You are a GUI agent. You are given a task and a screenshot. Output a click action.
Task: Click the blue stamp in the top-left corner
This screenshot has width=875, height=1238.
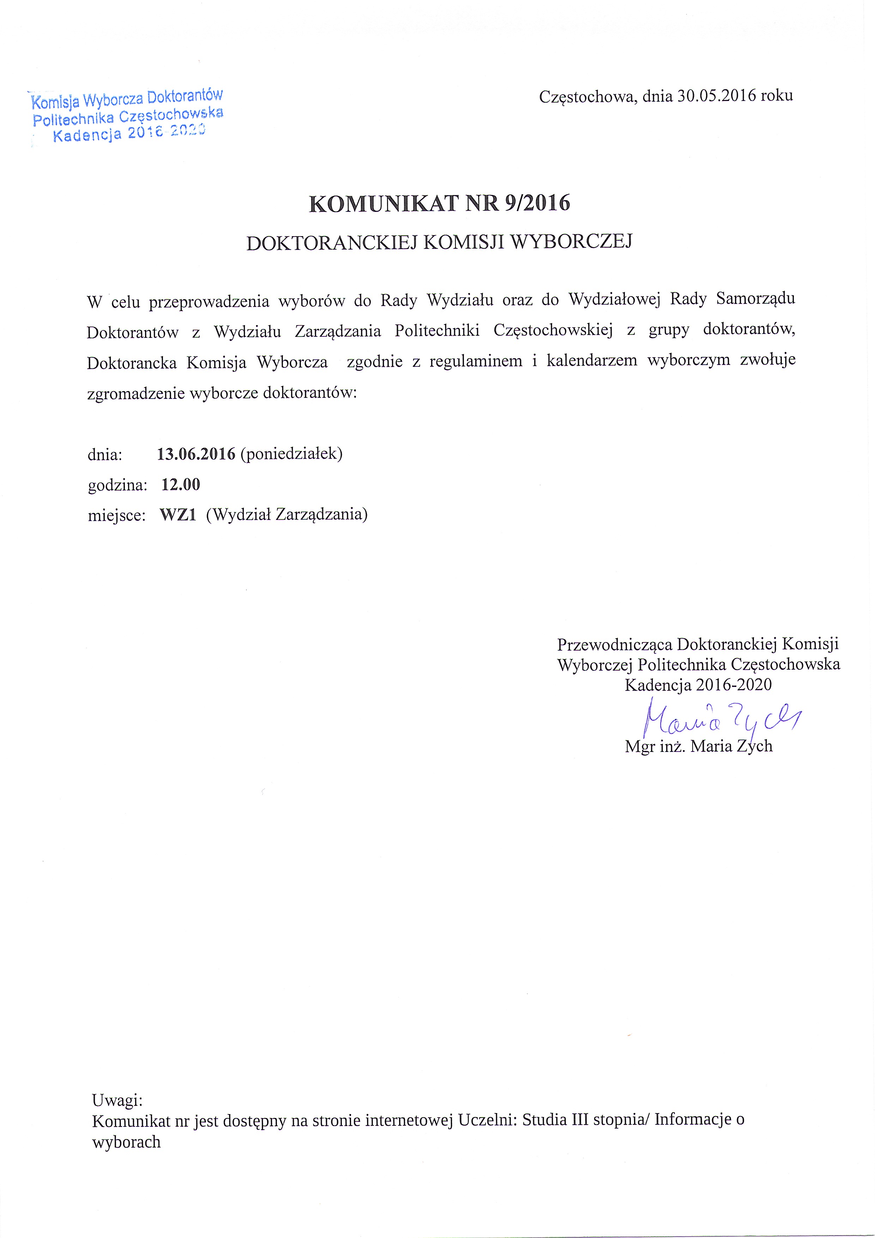(x=127, y=116)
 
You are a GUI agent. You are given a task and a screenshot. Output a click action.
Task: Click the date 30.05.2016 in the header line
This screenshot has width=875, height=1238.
(x=716, y=96)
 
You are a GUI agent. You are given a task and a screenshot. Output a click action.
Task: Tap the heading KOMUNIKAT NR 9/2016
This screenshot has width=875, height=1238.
(x=439, y=203)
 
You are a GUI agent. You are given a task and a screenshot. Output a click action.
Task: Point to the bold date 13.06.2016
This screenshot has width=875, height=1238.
(x=196, y=454)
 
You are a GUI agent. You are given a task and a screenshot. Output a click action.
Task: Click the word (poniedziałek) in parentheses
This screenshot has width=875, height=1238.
(x=291, y=454)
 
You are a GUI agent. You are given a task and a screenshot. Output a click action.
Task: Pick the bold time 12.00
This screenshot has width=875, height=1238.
(x=181, y=484)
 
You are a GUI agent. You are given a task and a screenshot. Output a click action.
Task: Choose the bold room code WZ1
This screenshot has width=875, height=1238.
(x=177, y=514)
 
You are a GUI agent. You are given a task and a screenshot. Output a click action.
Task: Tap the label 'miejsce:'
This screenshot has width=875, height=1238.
(x=117, y=515)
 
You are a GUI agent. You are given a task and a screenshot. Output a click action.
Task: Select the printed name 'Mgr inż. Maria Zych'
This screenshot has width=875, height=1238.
(x=698, y=746)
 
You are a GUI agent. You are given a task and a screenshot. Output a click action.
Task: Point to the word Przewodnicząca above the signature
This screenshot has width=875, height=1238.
(x=614, y=644)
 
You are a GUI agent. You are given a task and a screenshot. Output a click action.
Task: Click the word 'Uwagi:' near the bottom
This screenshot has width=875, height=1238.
(x=117, y=1099)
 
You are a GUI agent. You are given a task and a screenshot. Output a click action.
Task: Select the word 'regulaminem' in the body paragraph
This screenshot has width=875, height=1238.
(x=475, y=361)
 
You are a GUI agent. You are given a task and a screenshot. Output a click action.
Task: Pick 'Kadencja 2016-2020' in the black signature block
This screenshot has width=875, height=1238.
(x=698, y=685)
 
